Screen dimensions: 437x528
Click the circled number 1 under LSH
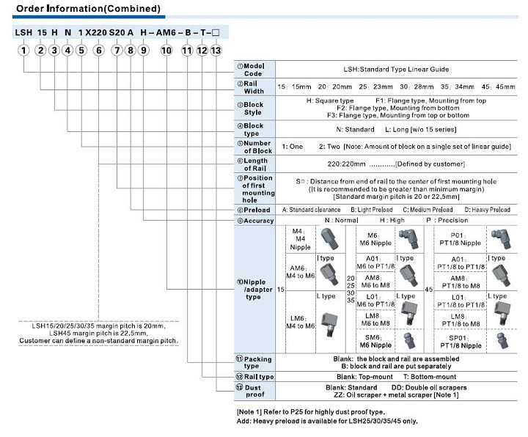(x=24, y=51)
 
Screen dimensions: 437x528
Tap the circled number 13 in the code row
(x=215, y=51)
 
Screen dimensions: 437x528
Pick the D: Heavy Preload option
(x=488, y=210)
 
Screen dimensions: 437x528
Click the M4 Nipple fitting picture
(x=328, y=238)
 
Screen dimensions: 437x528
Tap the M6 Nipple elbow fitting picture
(x=406, y=238)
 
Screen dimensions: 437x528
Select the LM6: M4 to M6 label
(x=299, y=321)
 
